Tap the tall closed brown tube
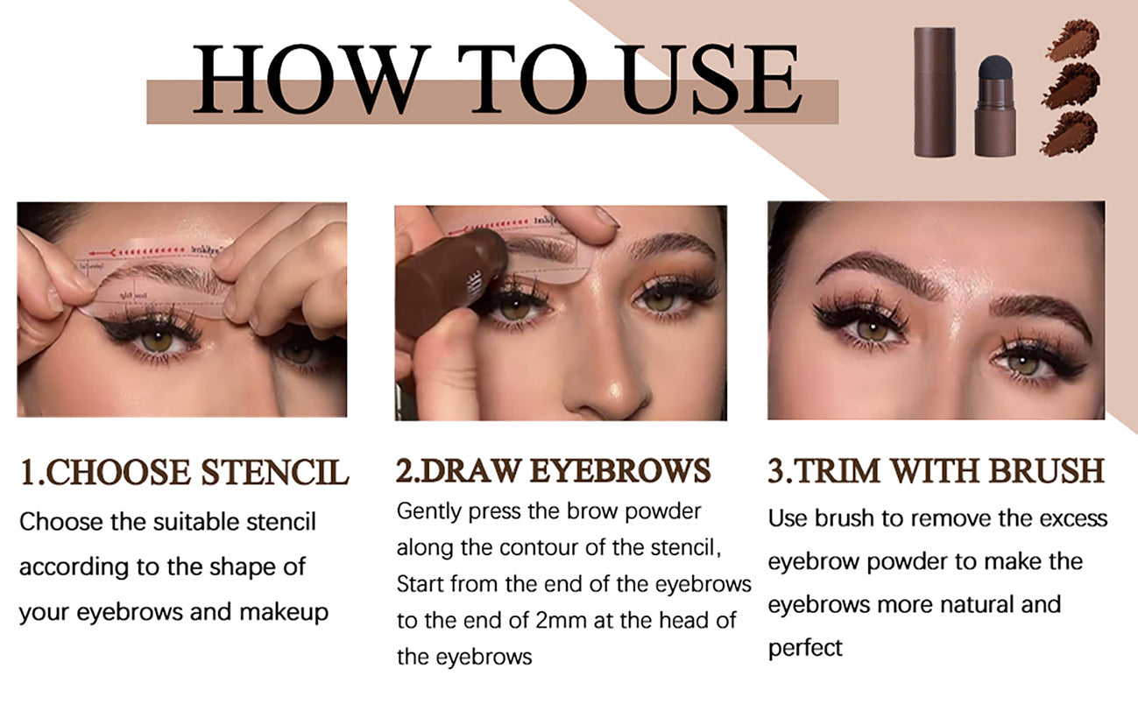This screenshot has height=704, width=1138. click(934, 92)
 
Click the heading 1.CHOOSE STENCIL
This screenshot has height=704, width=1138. click(184, 472)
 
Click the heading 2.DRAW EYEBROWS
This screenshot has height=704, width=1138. click(554, 471)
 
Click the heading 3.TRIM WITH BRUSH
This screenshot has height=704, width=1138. click(937, 471)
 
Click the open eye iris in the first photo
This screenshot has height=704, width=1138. click(158, 340)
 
